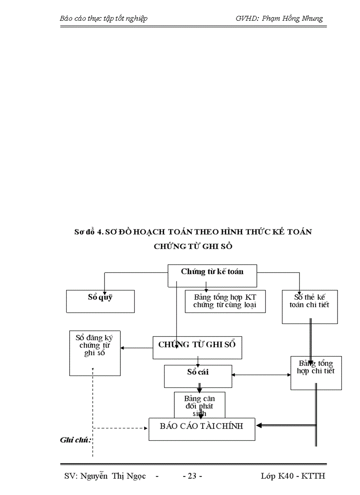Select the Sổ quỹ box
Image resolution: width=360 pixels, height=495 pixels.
point(100,301)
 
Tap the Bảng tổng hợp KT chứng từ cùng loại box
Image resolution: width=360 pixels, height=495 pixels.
point(225,301)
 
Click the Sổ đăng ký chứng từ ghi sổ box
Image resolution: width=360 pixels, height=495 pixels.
point(95,353)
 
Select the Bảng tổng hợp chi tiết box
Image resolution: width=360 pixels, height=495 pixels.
point(316,373)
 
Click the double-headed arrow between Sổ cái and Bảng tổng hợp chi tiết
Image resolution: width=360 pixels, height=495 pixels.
point(260,375)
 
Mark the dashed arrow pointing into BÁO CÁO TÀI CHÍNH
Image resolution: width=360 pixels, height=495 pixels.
point(121,428)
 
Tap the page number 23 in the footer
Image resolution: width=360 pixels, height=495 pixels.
point(192,476)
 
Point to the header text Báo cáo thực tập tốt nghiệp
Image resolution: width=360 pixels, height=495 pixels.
point(103,19)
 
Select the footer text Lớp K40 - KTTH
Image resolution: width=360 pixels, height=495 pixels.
point(293,476)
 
